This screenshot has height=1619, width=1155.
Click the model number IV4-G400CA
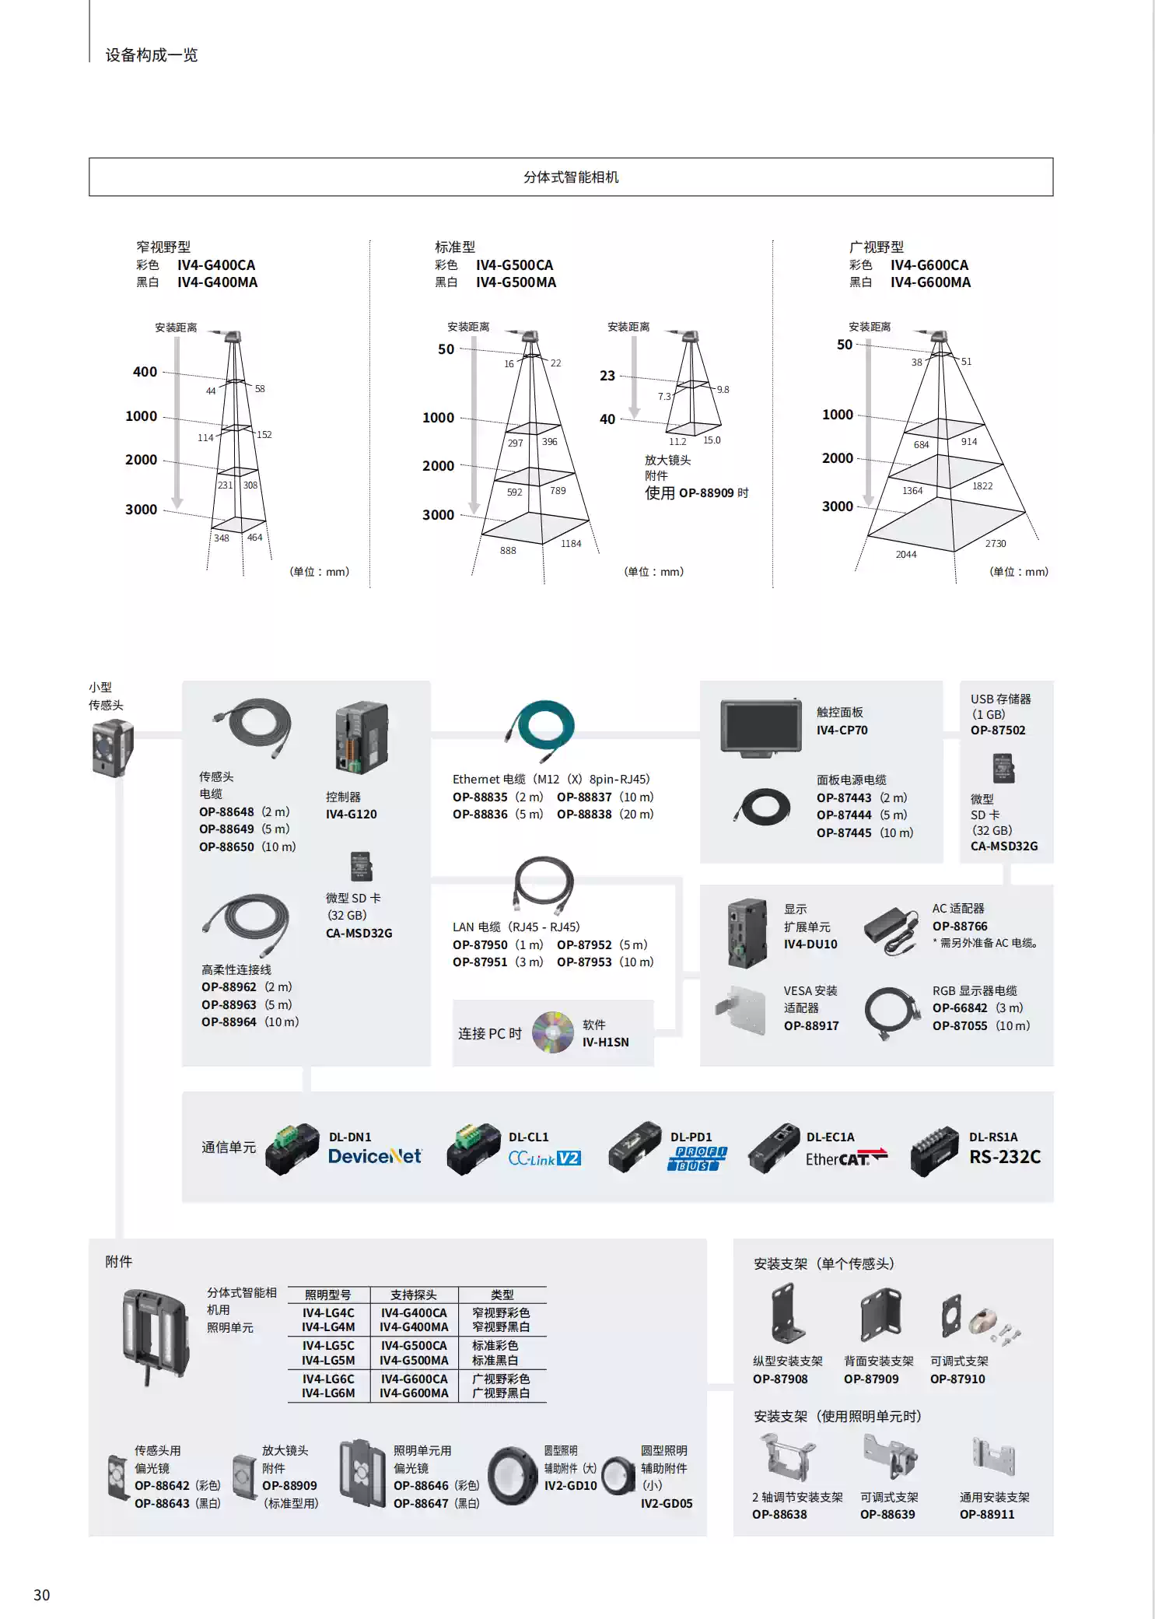pos(216,265)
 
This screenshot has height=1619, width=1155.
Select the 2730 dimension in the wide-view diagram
pos(995,544)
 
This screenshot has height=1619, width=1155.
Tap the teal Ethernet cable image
pos(544,729)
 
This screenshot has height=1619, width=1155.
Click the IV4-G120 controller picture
pos(362,737)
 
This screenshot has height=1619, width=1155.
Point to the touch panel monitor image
pos(761,726)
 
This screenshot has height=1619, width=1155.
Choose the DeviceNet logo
pos(374,1157)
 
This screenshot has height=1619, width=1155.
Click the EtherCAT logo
pos(845,1158)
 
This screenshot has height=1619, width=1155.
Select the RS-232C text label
pos(1004,1157)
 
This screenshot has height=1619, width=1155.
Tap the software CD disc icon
pos(552,1032)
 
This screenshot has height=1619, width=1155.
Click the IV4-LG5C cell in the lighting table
pos(328,1345)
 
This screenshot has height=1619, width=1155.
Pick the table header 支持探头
pos(413,1295)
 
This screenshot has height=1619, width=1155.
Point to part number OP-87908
pos(780,1379)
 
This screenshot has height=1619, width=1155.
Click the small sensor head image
pos(112,748)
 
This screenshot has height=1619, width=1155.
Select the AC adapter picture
pos(891,929)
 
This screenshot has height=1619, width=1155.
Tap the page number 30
pos(42,1595)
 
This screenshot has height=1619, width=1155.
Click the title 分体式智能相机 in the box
pos(571,177)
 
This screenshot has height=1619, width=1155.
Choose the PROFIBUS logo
pos(697,1158)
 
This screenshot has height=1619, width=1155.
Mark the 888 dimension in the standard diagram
pos(508,551)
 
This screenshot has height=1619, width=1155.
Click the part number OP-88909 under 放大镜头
pos(289,1485)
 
